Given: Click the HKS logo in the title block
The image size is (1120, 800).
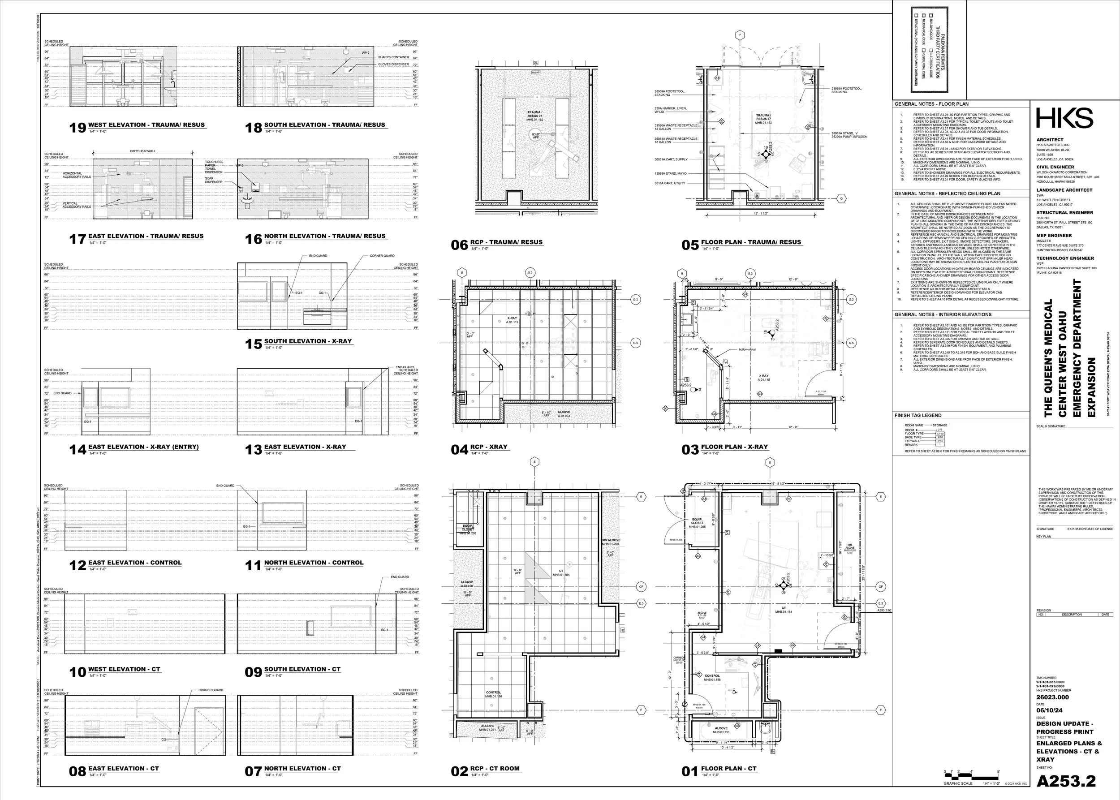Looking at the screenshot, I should coord(1064,119).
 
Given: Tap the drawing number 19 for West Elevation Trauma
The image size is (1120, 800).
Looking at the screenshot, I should coord(78,128).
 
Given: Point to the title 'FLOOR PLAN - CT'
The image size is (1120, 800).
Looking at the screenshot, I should coord(728,769).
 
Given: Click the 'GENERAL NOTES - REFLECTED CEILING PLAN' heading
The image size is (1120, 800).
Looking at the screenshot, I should coord(947,194).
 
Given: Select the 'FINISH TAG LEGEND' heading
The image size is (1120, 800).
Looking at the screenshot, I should coord(918,415).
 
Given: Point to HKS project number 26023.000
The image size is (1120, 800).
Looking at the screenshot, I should coord(1052,697).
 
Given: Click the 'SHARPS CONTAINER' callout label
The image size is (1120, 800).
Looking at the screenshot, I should coord(393,57).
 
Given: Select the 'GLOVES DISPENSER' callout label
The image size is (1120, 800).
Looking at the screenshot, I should coord(393,65).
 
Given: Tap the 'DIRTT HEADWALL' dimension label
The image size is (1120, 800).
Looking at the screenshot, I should coord(142,151).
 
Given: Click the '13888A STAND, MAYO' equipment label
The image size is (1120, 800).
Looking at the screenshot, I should coord(670,173).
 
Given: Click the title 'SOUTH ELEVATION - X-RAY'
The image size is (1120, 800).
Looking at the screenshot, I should coord(307,341).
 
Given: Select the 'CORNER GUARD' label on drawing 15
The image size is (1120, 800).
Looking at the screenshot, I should coord(382,256).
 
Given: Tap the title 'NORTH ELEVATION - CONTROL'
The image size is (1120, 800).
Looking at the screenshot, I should coord(314,563).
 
